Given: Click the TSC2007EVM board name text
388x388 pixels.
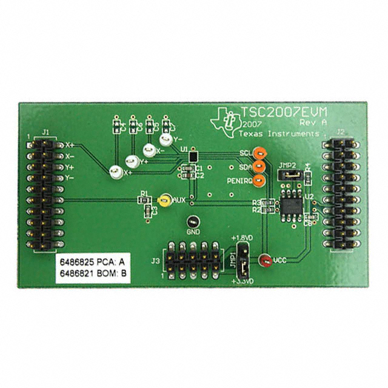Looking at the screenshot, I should pyautogui.click(x=284, y=112).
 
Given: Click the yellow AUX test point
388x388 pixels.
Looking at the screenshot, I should pyautogui.click(x=162, y=199).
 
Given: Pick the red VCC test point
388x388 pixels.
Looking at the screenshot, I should pyautogui.click(x=265, y=261).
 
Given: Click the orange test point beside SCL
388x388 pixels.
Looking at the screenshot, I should pyautogui.click(x=259, y=154).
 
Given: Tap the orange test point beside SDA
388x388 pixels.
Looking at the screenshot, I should pyautogui.click(x=259, y=167).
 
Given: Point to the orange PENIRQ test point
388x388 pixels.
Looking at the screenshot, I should pyautogui.click(x=259, y=180).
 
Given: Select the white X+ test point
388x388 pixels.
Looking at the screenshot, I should pyautogui.click(x=115, y=172).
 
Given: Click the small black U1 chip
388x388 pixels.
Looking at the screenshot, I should pyautogui.click(x=193, y=157).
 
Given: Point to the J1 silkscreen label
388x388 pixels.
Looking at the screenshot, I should pyautogui.click(x=44, y=130).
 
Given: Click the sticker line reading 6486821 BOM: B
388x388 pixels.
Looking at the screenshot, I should pyautogui.click(x=92, y=275).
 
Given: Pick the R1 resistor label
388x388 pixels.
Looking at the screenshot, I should pyautogui.click(x=144, y=193).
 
